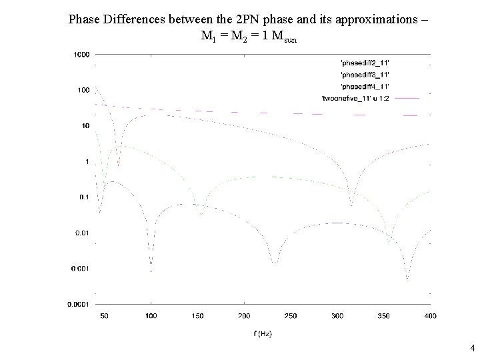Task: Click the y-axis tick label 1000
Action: click(x=81, y=54)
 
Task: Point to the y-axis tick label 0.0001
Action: click(x=79, y=304)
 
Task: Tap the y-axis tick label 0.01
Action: click(x=82, y=233)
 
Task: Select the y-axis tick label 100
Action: click(x=83, y=90)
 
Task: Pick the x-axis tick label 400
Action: click(x=430, y=315)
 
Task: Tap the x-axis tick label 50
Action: click(x=105, y=315)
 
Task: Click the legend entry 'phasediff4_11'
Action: click(x=365, y=87)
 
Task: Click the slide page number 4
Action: click(x=472, y=347)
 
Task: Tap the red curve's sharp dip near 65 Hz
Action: click(x=119, y=165)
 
